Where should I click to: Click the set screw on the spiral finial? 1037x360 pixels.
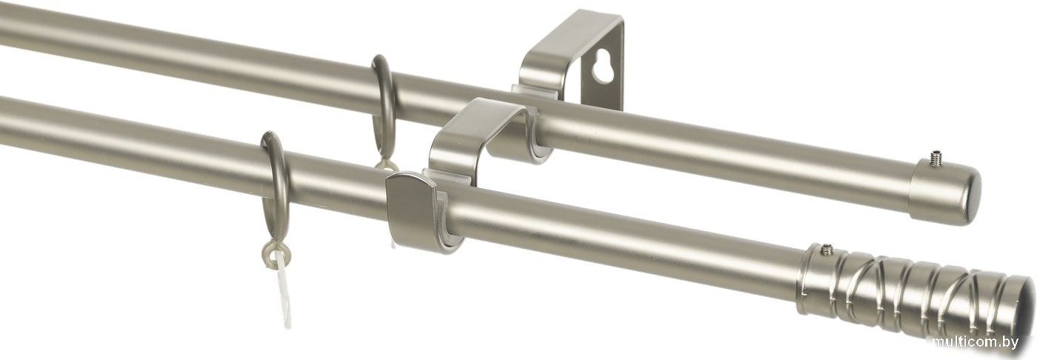824,250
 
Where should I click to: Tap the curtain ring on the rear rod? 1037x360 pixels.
385,111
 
